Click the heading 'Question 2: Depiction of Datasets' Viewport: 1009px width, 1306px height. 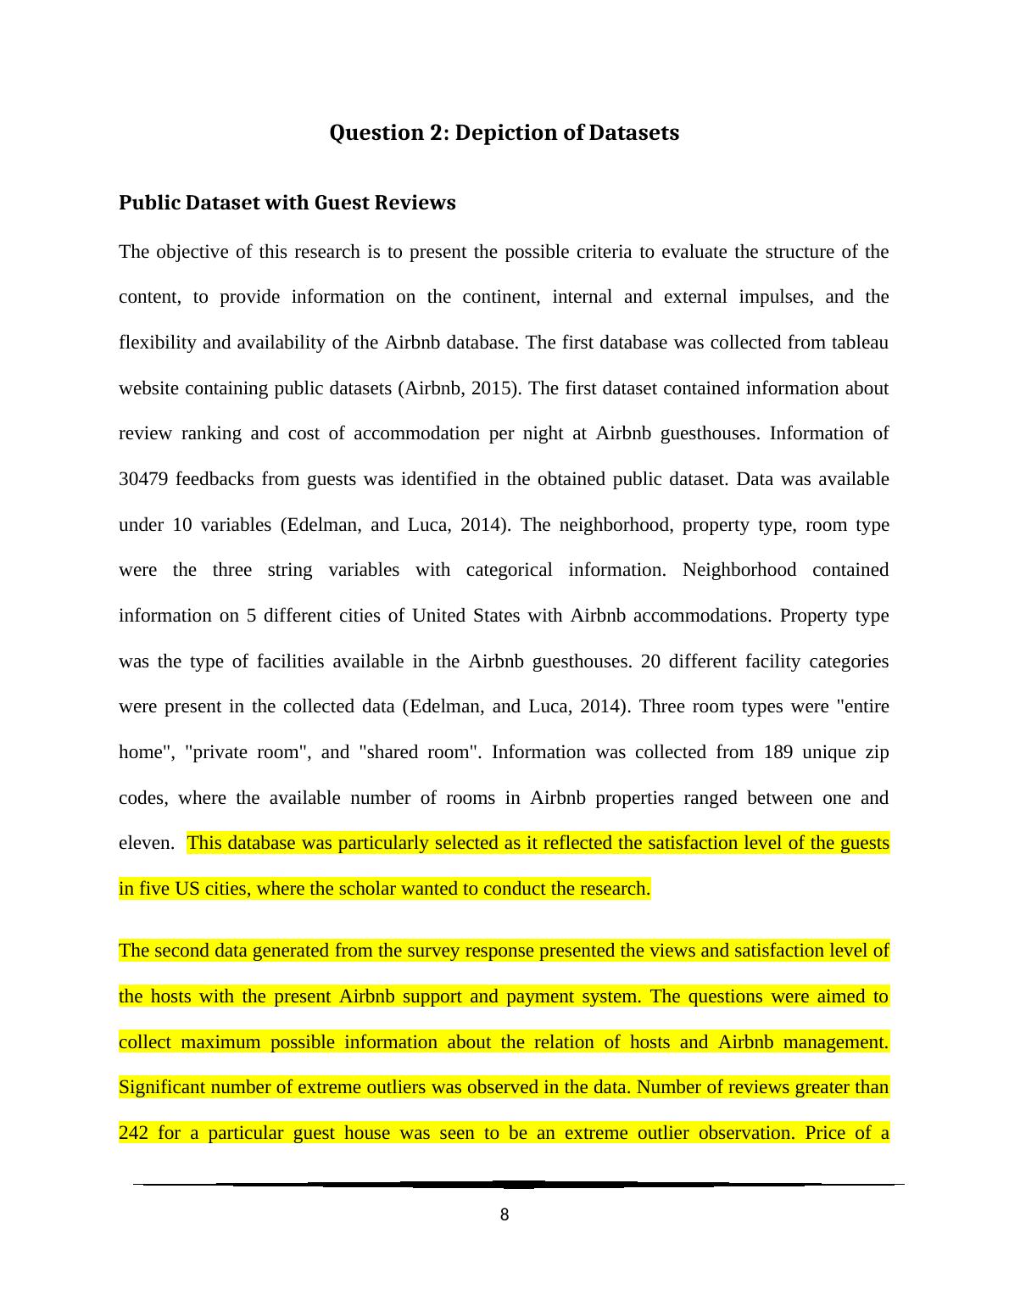pyautogui.click(x=504, y=133)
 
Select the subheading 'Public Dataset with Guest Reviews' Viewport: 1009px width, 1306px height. pyautogui.click(x=287, y=203)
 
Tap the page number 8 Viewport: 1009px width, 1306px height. pyautogui.click(x=504, y=1215)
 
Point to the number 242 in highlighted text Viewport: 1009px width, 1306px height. pyautogui.click(x=133, y=1133)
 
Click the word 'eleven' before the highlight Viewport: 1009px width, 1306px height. pyautogui.click(x=144, y=843)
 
